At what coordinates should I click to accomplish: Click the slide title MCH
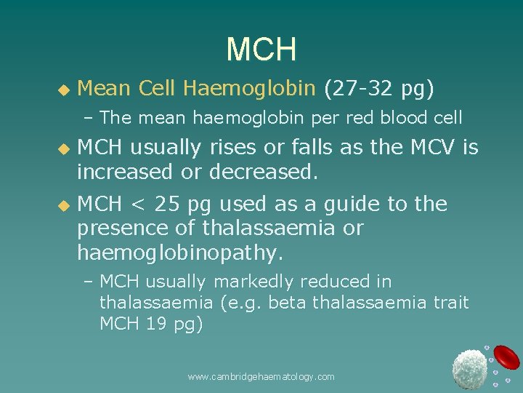coord(261,49)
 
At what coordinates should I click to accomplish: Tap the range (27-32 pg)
coord(379,89)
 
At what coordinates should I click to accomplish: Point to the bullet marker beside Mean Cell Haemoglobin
coord(62,90)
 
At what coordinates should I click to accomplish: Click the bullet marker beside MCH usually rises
coord(62,148)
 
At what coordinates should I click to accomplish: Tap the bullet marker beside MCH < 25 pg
coord(62,205)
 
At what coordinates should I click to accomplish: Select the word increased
coord(126,172)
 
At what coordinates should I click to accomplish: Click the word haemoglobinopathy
coord(179,253)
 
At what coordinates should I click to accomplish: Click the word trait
coord(450,302)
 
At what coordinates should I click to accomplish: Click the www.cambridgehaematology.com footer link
coord(261,376)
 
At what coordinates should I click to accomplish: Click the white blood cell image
coord(469,368)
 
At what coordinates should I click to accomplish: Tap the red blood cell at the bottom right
coord(508,357)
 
